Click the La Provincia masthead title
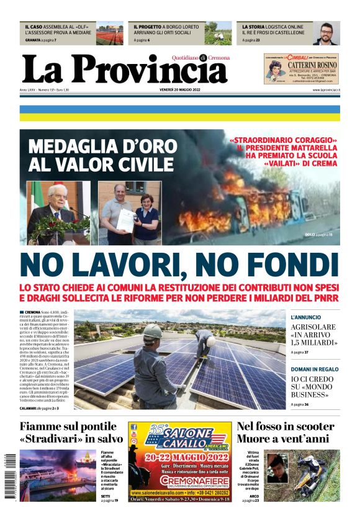point(124,70)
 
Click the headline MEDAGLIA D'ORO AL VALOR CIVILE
point(101,157)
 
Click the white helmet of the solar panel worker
point(151,332)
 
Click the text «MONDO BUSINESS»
point(312,389)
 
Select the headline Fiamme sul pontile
point(68,426)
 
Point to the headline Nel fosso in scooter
point(286,426)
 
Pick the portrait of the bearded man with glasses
point(325,35)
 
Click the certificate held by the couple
point(127,219)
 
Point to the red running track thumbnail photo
point(109,35)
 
